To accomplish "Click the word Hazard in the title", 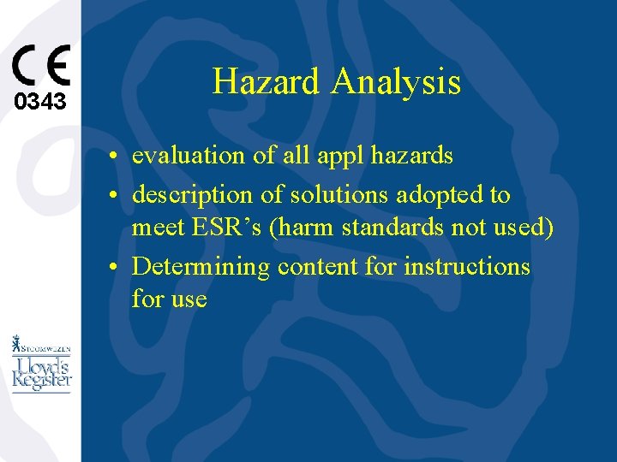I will tap(267, 82).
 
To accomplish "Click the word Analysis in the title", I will tap(396, 82).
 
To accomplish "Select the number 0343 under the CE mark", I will tap(40, 103).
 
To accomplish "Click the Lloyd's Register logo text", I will tap(41, 374).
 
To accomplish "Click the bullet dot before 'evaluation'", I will tap(114, 157).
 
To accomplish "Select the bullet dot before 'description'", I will tap(114, 196).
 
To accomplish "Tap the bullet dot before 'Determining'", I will tap(114, 267).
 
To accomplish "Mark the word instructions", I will tap(467, 266).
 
